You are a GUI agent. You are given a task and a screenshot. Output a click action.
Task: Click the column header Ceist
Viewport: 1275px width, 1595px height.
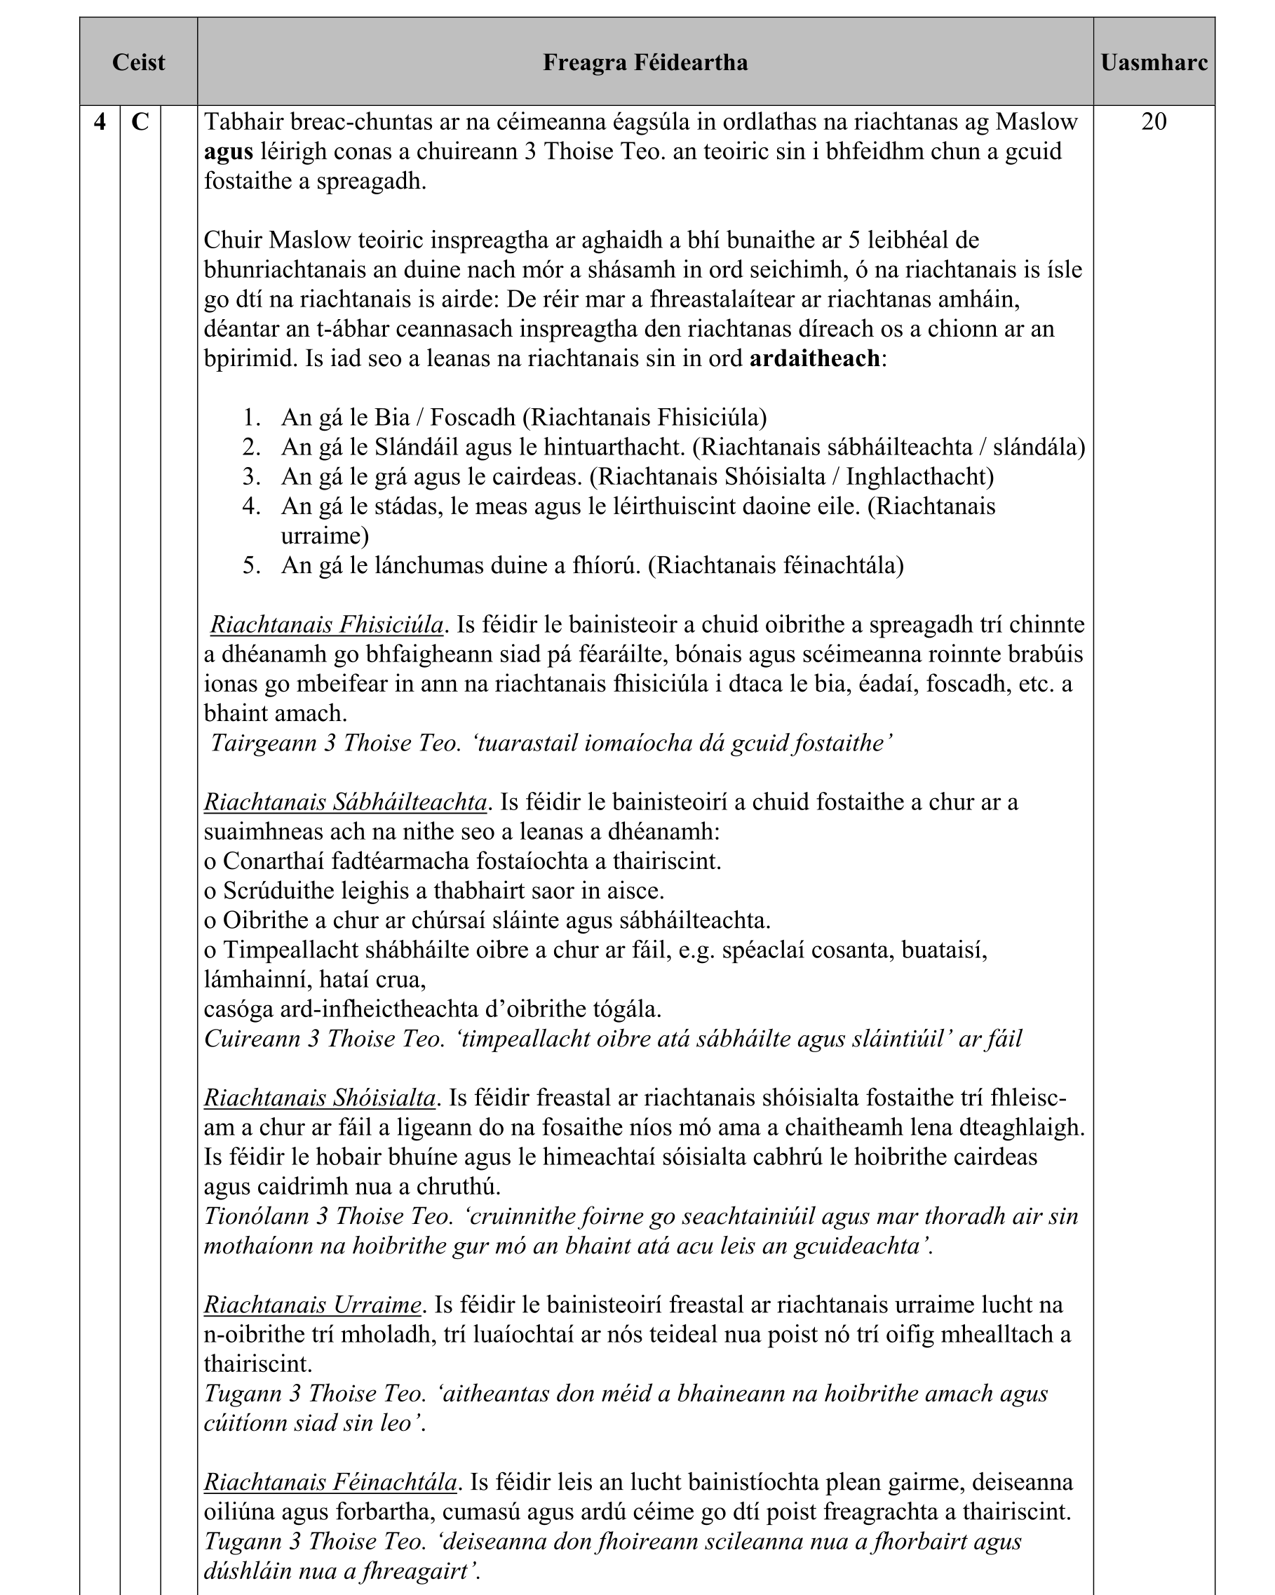click(138, 62)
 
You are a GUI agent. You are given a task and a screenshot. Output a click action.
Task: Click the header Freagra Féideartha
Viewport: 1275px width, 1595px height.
click(645, 62)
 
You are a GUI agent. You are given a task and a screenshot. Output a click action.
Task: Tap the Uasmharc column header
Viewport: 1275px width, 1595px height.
click(1154, 62)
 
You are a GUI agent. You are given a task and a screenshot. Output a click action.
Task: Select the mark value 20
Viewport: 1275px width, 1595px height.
click(1154, 121)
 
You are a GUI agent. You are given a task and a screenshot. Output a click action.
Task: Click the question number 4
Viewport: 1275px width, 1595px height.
click(100, 121)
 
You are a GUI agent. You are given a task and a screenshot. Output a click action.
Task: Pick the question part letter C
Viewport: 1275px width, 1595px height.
click(140, 121)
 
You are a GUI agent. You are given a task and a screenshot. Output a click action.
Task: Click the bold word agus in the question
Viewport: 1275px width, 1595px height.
click(228, 152)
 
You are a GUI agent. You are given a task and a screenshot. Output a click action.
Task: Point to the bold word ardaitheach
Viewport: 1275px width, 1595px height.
click(814, 359)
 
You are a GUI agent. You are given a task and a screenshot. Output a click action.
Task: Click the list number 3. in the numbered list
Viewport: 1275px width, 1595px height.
click(252, 476)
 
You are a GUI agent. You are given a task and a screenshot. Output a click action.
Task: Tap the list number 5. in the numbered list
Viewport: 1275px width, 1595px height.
click(252, 565)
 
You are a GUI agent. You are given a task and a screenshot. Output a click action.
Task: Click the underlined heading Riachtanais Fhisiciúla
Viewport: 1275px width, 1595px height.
click(326, 625)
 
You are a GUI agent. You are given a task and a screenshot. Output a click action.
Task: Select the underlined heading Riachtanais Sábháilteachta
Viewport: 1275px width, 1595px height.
click(345, 802)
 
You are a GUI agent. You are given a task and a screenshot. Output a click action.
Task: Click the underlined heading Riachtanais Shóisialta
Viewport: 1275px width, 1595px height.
click(320, 1098)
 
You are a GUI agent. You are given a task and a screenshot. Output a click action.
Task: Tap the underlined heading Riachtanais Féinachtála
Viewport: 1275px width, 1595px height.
click(330, 1482)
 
